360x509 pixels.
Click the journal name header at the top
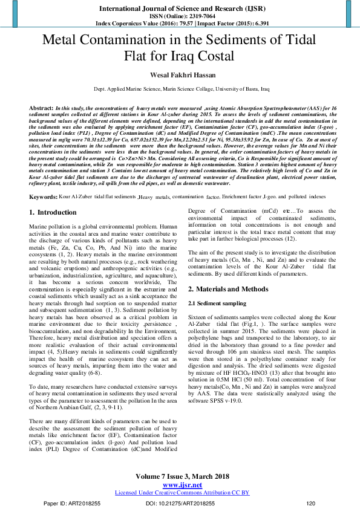(180, 7)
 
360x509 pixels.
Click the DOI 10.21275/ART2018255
(180, 503)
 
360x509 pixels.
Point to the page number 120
(311, 503)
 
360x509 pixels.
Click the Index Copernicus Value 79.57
(163, 24)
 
